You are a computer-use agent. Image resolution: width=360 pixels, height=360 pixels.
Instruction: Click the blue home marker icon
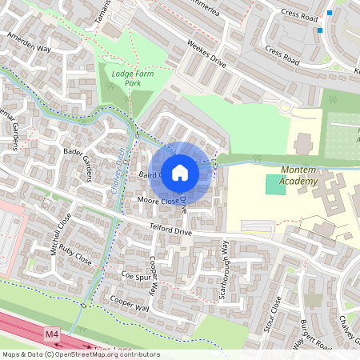click(180, 172)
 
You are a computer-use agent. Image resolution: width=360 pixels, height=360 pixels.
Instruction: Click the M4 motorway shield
click(52, 333)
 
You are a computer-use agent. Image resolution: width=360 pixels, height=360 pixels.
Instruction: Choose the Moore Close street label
click(158, 201)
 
